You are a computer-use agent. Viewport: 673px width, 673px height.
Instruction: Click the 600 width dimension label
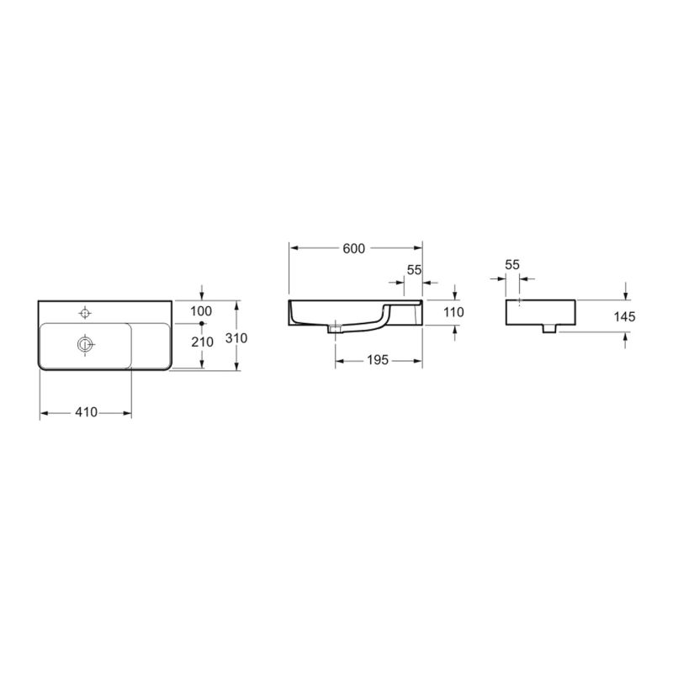(354, 248)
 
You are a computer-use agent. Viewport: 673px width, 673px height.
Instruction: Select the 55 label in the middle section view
(413, 270)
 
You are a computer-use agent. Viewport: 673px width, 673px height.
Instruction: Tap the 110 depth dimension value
(453, 313)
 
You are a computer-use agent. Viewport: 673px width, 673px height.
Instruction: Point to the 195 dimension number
(377, 360)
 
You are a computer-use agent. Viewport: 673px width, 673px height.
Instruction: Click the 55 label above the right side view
(512, 264)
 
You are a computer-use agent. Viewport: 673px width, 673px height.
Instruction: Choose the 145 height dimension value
(623, 317)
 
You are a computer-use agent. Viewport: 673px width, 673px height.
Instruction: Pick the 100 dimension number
(201, 311)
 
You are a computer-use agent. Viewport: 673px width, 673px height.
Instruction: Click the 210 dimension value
(201, 341)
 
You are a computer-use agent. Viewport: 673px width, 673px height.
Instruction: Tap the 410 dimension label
(86, 412)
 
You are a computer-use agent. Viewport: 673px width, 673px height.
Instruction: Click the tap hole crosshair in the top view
(83, 313)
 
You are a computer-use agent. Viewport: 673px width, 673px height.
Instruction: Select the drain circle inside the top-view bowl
(83, 343)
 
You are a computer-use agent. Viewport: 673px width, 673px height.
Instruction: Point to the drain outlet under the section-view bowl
(336, 329)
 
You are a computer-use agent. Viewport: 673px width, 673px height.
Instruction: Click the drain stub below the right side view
(550, 329)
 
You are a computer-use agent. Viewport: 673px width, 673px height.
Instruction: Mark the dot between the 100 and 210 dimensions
(201, 322)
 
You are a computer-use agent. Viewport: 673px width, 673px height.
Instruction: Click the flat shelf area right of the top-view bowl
(151, 345)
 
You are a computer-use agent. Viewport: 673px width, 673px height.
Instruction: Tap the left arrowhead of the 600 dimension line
(294, 248)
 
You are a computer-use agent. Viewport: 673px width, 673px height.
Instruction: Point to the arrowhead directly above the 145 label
(625, 295)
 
